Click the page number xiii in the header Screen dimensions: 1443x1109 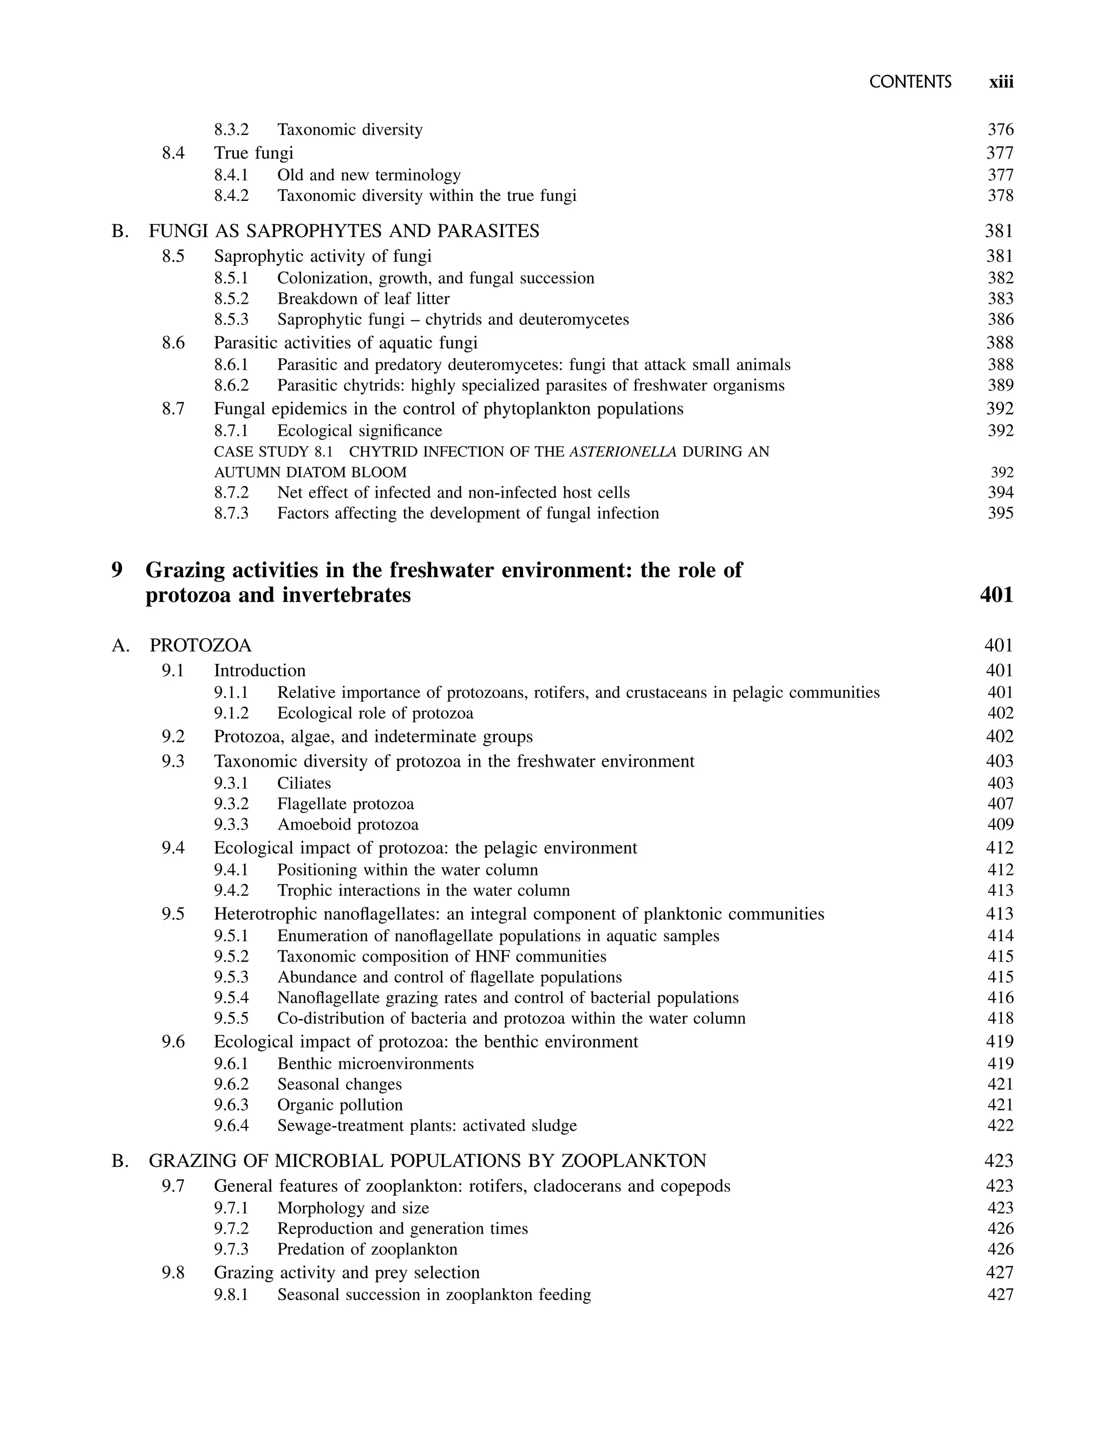click(1001, 82)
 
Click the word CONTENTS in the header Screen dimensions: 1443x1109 click(910, 82)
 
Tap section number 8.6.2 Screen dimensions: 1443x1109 click(231, 386)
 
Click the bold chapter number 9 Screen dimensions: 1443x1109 click(117, 570)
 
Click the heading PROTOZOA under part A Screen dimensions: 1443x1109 click(201, 645)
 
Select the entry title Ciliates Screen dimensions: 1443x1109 click(304, 783)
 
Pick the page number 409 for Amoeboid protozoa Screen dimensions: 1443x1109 click(1000, 825)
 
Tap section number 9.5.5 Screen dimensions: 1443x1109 click(231, 1018)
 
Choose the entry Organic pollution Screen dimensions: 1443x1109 click(340, 1105)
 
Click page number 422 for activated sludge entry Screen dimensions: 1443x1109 click(1000, 1126)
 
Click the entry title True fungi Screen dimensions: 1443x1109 click(253, 153)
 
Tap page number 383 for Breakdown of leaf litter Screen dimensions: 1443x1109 click(1000, 299)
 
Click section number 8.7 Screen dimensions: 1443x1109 click(173, 409)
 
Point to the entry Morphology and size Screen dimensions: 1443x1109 click(353, 1208)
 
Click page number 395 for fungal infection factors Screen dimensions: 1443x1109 click(1000, 513)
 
